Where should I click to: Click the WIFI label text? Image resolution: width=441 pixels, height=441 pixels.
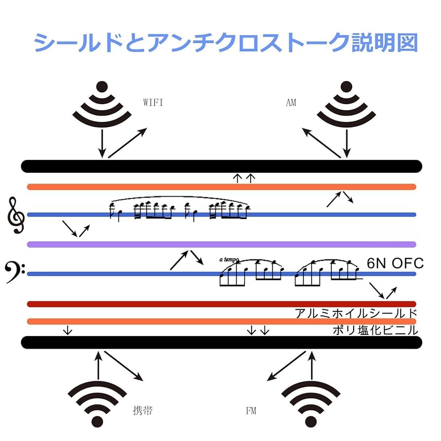click(x=153, y=103)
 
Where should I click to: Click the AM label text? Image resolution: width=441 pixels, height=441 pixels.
click(x=291, y=103)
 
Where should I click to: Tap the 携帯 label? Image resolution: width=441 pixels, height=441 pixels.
click(x=143, y=410)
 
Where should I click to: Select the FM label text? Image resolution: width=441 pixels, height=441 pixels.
click(x=251, y=410)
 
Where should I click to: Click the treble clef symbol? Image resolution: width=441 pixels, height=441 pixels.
click(x=16, y=215)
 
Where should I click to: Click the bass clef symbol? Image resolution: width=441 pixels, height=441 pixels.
click(x=15, y=272)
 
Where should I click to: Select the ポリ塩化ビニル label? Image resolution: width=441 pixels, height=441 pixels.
click(x=375, y=330)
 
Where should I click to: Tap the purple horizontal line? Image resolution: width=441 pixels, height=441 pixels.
click(x=222, y=244)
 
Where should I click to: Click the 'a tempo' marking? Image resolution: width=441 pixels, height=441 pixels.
click(x=229, y=259)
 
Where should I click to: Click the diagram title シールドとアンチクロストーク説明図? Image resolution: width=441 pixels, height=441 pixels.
click(x=226, y=43)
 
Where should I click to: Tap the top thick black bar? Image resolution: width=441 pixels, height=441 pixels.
click(x=222, y=166)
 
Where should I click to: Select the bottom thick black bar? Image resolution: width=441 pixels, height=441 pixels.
click(x=222, y=342)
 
